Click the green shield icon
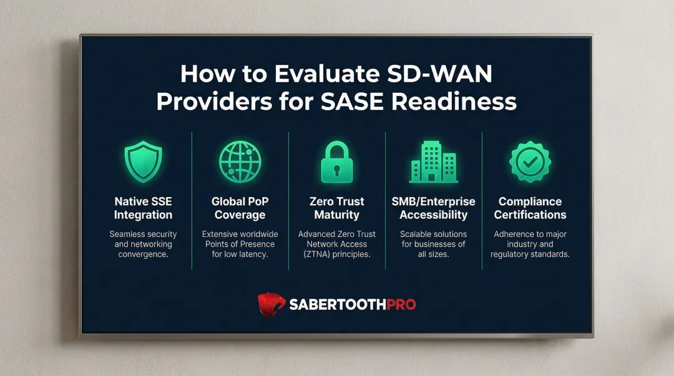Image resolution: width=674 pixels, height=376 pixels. (x=143, y=162)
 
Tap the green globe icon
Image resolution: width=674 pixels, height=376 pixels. (x=240, y=162)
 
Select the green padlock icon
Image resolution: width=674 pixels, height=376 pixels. (x=337, y=162)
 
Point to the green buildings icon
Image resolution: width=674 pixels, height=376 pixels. (x=433, y=161)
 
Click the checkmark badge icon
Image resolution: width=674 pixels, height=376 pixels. (x=530, y=161)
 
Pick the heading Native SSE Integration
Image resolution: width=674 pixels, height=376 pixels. (x=143, y=208)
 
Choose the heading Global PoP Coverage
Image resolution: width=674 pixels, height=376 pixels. (x=240, y=208)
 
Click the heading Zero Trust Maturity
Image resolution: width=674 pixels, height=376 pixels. (x=337, y=208)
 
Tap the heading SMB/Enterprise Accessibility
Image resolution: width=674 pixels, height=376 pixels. (x=433, y=208)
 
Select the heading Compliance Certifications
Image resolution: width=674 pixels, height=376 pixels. (x=530, y=208)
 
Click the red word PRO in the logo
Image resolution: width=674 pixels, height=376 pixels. (x=397, y=304)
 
